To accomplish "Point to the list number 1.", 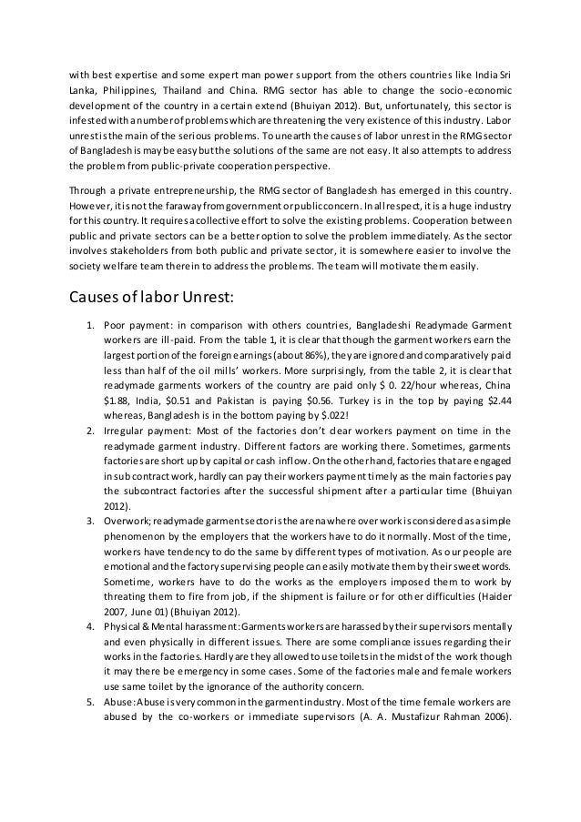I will pyautogui.click(x=90, y=325).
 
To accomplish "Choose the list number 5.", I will pyautogui.click(x=90, y=727).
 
